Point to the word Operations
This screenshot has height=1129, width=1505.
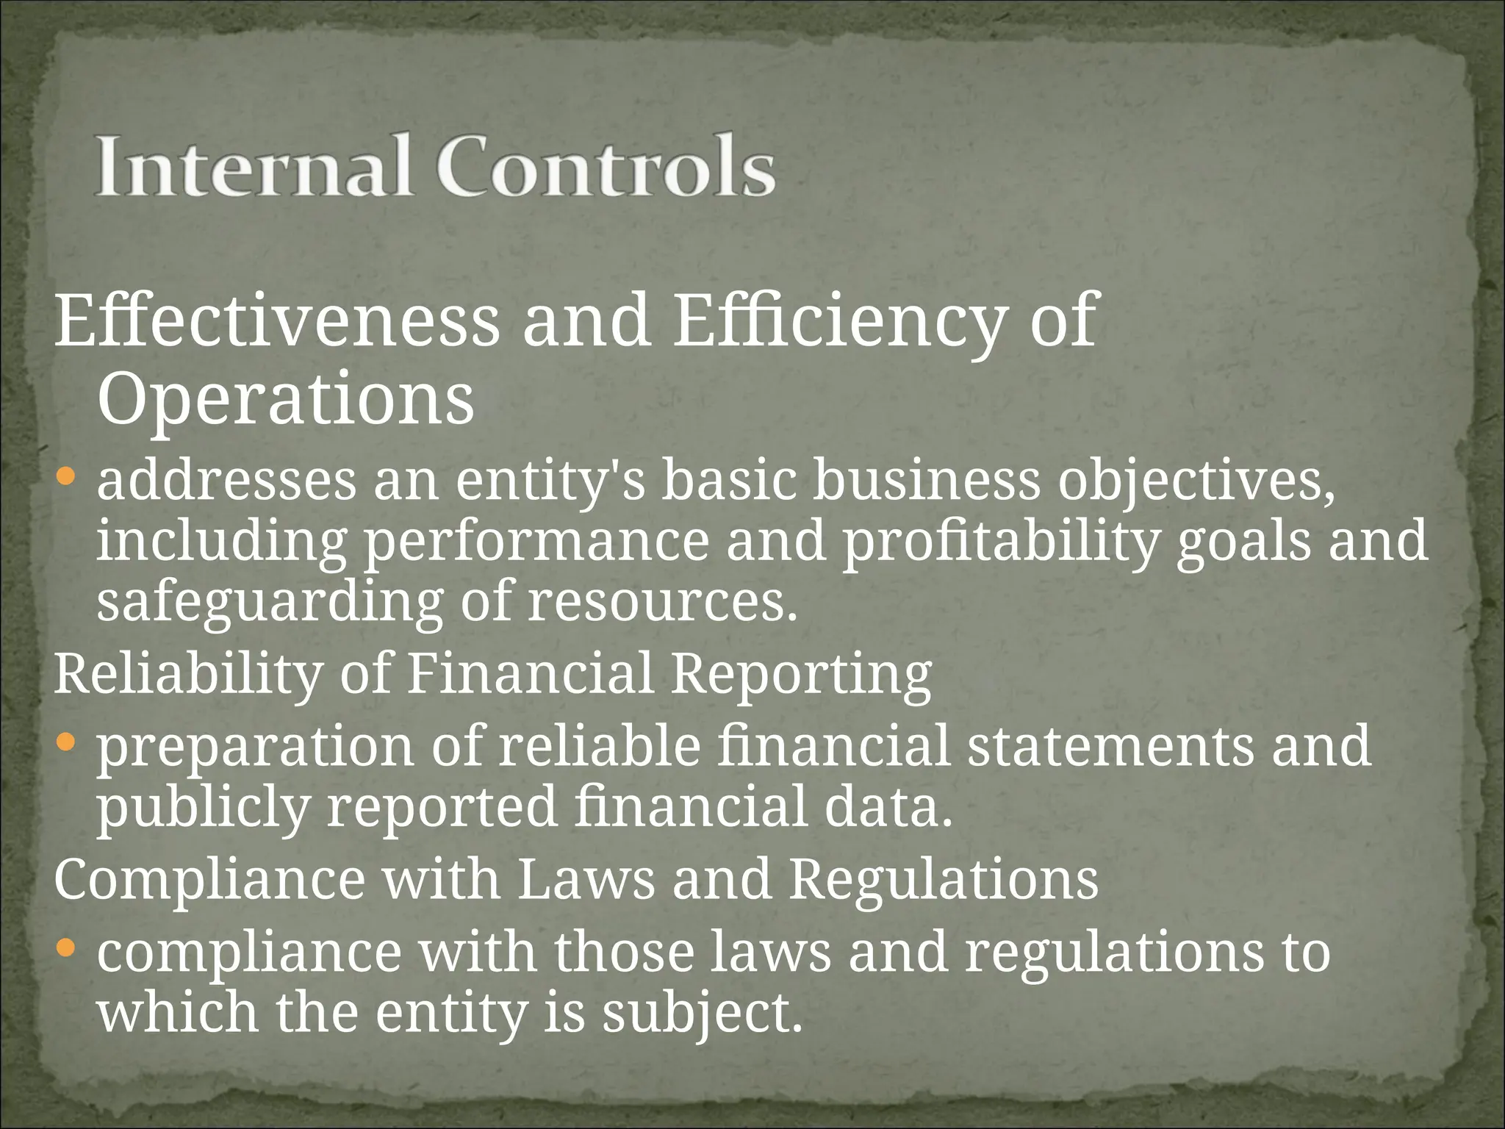click(x=285, y=401)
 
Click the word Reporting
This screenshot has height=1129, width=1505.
click(x=801, y=675)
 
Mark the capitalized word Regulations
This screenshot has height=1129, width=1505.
click(x=944, y=880)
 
